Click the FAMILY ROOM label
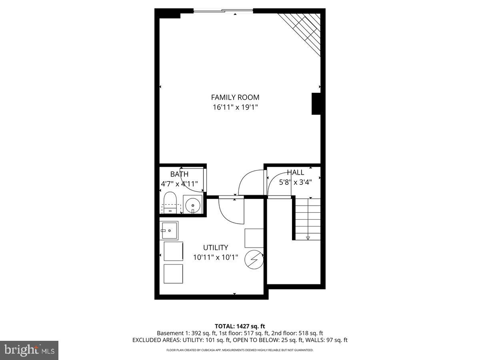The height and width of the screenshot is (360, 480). point(235,97)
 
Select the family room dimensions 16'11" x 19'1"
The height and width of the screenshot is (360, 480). point(235,107)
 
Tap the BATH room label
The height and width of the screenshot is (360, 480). point(179,174)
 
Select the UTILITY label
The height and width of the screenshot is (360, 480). point(216,248)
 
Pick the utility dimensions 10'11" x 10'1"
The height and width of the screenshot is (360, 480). point(216,258)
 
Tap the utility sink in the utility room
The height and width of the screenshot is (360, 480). point(169,230)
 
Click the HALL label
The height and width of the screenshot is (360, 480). point(295,173)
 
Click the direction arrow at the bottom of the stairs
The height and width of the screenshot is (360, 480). point(308,238)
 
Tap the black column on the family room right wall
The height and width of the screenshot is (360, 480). point(316,104)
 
